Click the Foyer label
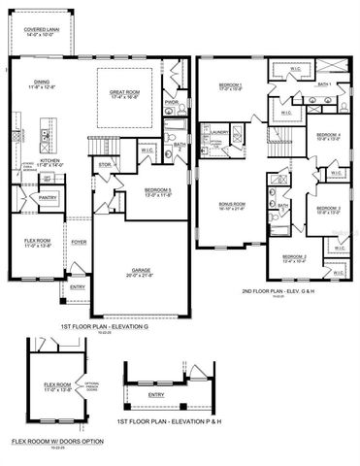point(79,242)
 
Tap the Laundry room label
point(218,132)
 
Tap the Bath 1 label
point(325,84)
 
